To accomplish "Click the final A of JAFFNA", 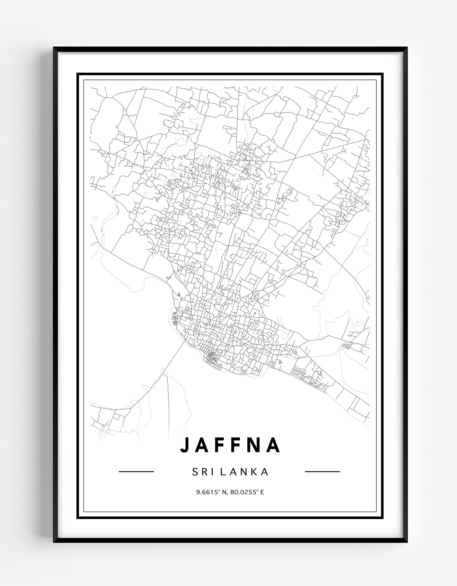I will click(274, 445).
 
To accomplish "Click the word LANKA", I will click(244, 472).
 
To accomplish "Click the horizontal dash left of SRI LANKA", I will click(136, 471).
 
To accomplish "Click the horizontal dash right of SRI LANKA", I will click(323, 471).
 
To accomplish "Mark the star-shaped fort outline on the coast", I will click(192, 341).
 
